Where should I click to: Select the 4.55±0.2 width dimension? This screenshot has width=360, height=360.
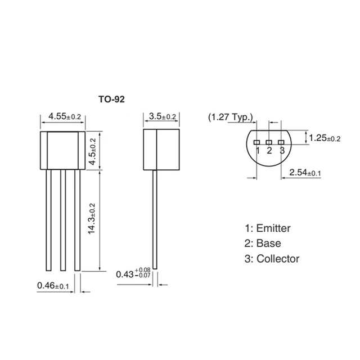[x=65, y=116]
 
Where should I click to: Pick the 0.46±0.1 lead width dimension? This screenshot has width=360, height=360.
[x=53, y=286]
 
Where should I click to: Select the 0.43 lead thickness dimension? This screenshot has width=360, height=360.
[x=133, y=274]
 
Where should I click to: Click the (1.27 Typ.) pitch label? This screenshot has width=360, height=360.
[x=231, y=118]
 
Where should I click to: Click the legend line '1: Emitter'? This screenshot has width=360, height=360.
[x=267, y=228]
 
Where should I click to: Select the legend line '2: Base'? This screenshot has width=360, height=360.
[x=262, y=244]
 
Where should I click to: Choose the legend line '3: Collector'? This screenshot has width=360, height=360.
[x=272, y=259]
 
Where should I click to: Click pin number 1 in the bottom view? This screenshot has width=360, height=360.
[x=257, y=150]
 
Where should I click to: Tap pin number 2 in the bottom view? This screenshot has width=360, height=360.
[x=269, y=150]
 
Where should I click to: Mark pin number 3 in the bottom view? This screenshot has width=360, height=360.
[x=281, y=150]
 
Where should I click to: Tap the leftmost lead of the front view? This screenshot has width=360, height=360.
[x=49, y=219]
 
